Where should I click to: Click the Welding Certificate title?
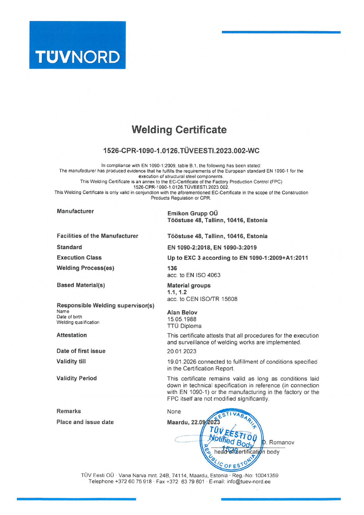coord(179,130)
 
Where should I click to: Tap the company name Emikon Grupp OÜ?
coord(193,212)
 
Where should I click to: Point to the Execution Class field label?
coord(79,257)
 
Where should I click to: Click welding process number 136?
coord(172,268)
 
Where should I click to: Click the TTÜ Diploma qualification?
coord(184,326)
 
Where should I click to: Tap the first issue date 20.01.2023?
coord(182,351)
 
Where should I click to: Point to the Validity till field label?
coord(71,361)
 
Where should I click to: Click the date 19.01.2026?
coord(182,361)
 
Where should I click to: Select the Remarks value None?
coord(174,411)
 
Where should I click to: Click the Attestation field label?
coord(71,335)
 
